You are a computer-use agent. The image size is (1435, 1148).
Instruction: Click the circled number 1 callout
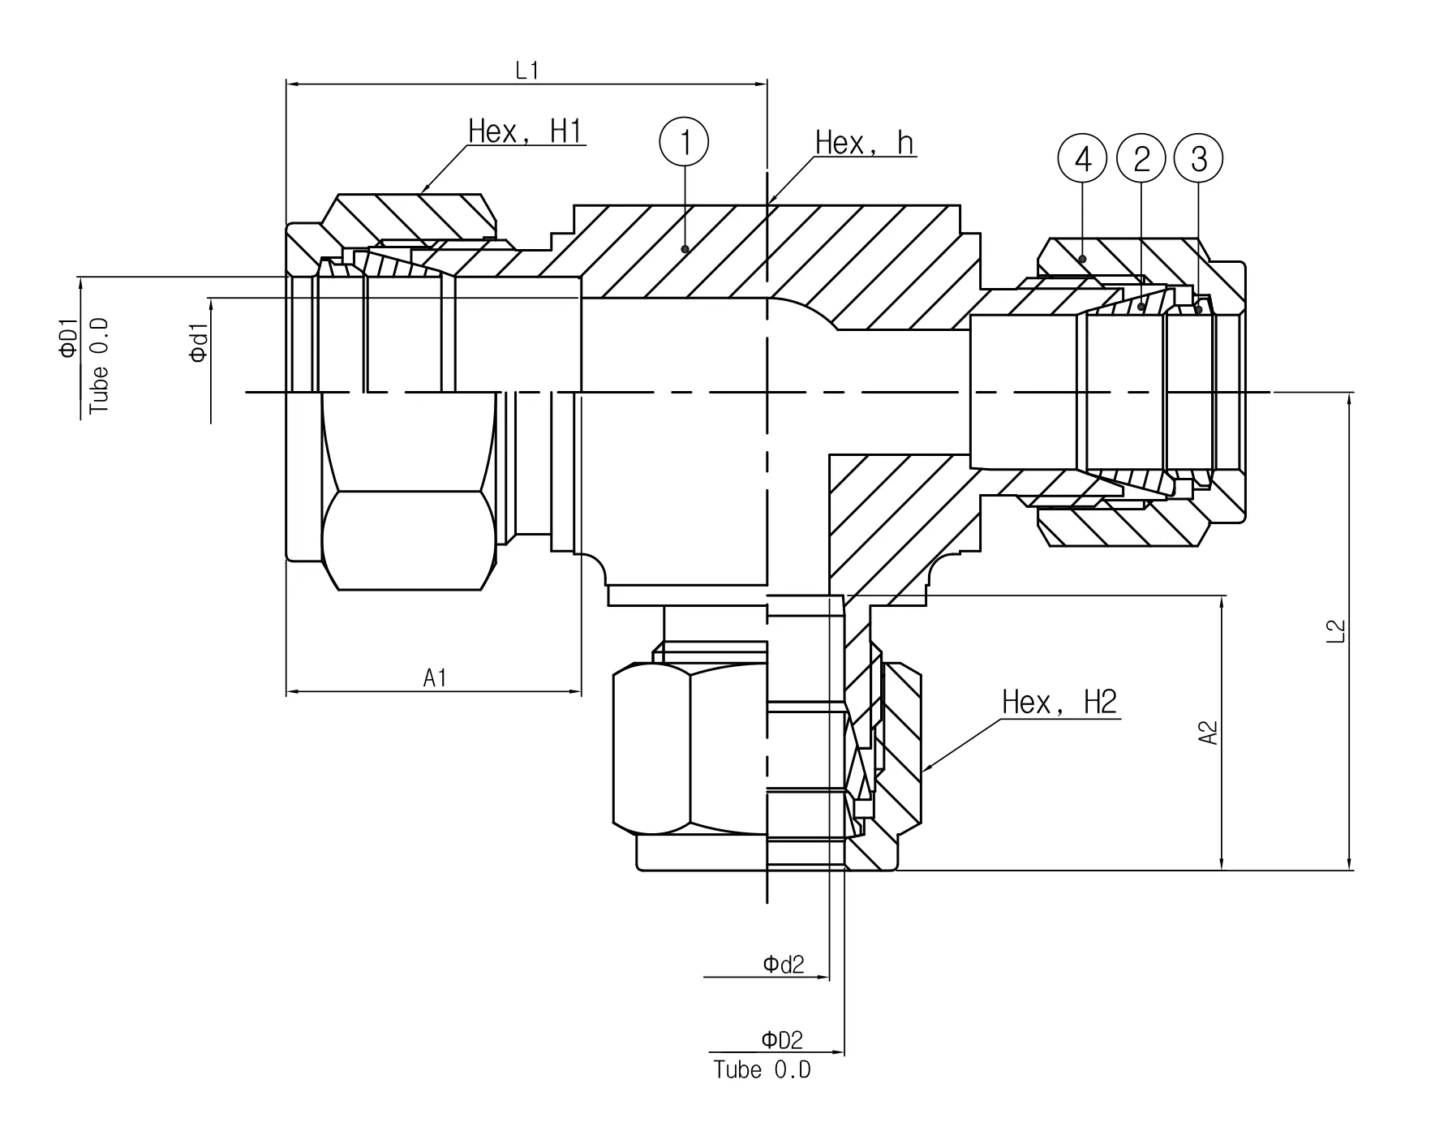[x=684, y=143]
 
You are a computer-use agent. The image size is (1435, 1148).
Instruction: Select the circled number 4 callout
[x=1083, y=159]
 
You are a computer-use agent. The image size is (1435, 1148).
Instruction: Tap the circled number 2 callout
[x=1141, y=159]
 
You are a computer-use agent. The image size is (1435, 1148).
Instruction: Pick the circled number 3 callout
[x=1199, y=159]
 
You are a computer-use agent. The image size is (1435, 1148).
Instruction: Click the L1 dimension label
[x=527, y=71]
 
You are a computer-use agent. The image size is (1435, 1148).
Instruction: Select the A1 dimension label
[x=435, y=677]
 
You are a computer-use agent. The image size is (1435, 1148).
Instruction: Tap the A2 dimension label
[x=1208, y=733]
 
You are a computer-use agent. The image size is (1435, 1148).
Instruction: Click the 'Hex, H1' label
[x=526, y=131]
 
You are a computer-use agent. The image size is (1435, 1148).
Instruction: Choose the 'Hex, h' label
[x=865, y=143]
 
